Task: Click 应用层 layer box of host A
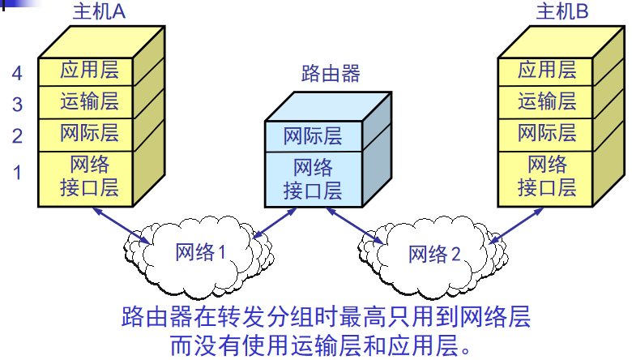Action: pos(89,71)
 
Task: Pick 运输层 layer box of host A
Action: pos(89,101)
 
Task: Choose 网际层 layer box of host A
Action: pos(89,132)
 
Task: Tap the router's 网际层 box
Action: pos(313,135)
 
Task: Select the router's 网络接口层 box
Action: pos(313,179)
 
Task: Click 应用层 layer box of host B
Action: pos(547,71)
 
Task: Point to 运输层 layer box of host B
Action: pos(547,101)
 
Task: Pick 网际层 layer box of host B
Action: pos(547,132)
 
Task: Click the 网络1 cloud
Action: pos(201,252)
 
